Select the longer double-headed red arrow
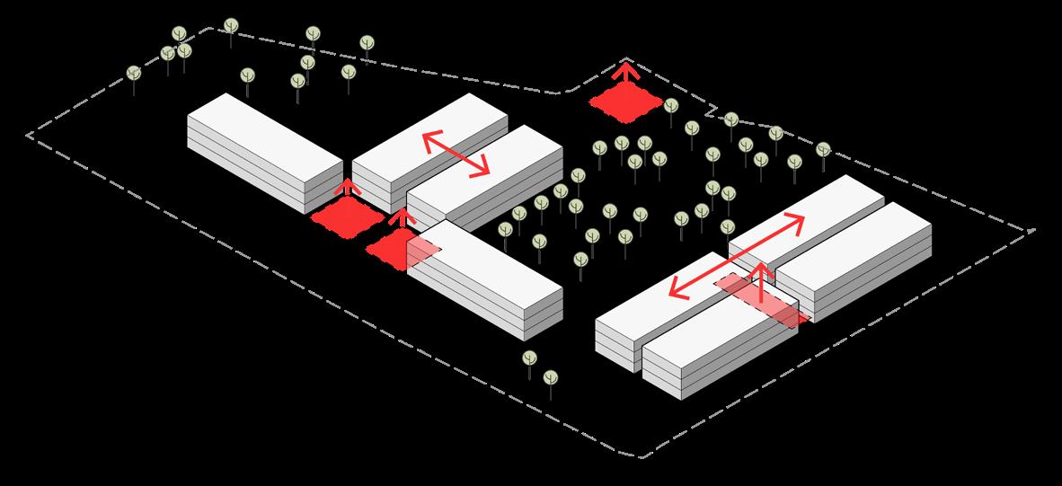[x=736, y=256]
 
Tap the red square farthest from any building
[x=626, y=101]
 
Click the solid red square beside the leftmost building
[x=347, y=216]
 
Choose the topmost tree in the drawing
[x=231, y=25]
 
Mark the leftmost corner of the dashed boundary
[x=28, y=136]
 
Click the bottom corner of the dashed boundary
[x=643, y=457]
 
